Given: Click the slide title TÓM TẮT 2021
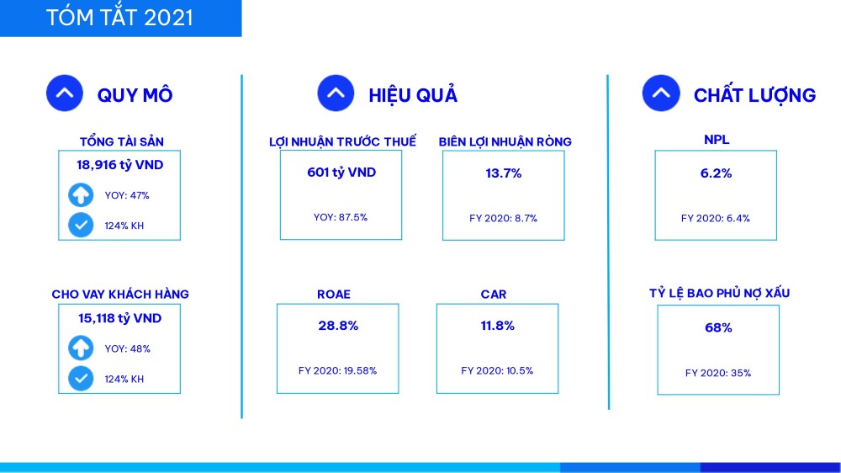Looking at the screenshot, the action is click(x=119, y=18).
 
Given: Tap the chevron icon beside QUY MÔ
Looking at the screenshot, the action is click(x=65, y=93).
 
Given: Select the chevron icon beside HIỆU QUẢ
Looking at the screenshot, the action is click(x=336, y=93).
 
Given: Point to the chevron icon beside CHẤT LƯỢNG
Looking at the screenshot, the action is click(x=661, y=93).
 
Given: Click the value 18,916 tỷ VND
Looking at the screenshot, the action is click(x=119, y=165).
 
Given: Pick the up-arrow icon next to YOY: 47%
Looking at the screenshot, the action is click(x=81, y=195).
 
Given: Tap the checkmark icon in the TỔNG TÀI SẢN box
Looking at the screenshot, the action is click(x=81, y=225).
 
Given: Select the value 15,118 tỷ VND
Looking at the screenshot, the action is click(x=119, y=318).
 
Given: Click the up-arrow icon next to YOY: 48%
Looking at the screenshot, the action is click(x=81, y=348).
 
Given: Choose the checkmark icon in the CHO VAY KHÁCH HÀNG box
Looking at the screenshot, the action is click(x=81, y=379).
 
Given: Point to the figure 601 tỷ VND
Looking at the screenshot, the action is click(x=341, y=173).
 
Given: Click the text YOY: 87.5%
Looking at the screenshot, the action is click(x=341, y=217).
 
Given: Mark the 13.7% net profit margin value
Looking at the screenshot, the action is click(x=503, y=173).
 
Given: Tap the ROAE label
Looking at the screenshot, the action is click(x=334, y=295).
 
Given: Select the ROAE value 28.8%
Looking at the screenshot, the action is click(x=338, y=326).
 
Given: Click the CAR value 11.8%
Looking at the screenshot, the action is click(x=497, y=326).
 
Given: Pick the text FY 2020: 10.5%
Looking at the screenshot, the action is click(x=497, y=370).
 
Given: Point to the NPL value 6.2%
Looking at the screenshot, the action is click(x=716, y=173).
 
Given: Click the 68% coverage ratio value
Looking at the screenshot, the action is click(x=718, y=327).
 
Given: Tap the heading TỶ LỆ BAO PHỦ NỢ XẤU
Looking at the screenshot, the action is click(x=719, y=293).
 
